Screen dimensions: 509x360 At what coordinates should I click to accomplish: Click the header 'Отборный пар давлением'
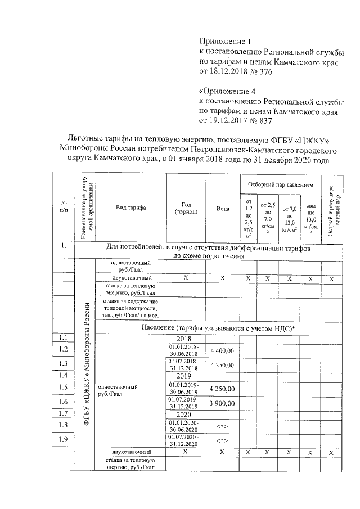tap(281, 184)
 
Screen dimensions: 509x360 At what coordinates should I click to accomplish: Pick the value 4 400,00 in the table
tap(223, 350)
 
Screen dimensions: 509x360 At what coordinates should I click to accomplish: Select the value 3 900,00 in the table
tap(223, 402)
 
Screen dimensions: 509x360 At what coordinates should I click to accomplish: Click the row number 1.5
tap(63, 387)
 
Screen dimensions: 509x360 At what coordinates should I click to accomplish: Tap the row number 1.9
tap(63, 439)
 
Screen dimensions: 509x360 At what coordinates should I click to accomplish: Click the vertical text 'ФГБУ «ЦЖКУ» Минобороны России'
tap(87, 366)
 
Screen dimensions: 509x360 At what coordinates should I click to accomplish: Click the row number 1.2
tap(63, 350)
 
